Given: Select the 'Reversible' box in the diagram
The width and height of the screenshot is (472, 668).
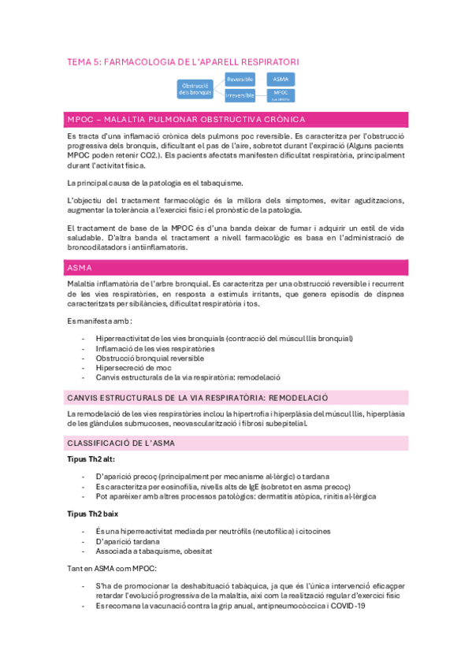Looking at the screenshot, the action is (x=240, y=80).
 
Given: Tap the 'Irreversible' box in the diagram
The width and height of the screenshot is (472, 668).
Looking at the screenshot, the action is (x=240, y=95).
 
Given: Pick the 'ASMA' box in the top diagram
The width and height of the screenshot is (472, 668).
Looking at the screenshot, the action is (x=280, y=80).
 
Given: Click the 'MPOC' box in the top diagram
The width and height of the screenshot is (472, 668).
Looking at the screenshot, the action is (x=281, y=95).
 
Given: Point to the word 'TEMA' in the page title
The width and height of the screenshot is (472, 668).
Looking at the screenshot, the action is (x=79, y=61).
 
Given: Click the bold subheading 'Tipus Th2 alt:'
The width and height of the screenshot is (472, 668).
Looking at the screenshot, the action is (x=90, y=460).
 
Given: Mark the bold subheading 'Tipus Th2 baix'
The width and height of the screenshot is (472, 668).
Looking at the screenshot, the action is (x=90, y=513).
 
